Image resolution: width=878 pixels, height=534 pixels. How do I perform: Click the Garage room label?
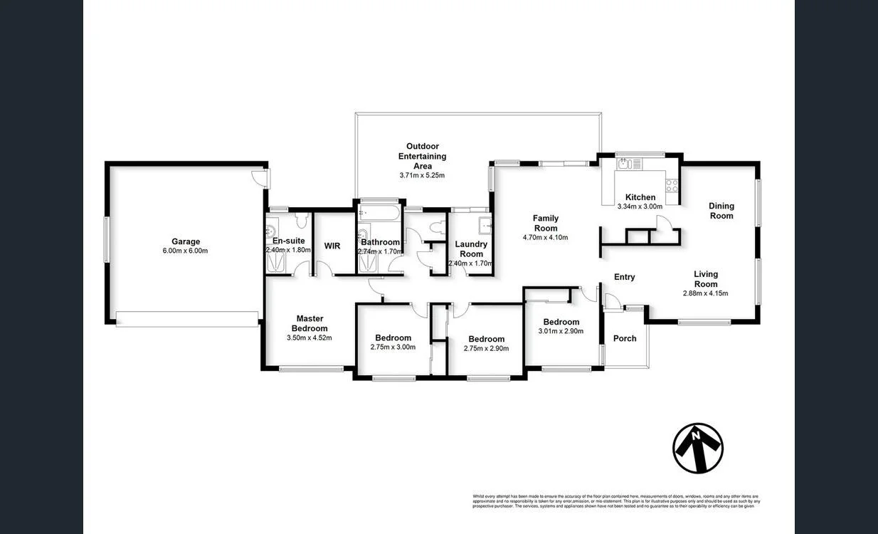(185, 241)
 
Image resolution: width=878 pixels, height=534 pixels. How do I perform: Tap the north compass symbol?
(697, 448)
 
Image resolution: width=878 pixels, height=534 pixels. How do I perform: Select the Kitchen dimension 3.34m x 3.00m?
(640, 206)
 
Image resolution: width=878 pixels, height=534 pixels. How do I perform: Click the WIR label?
(332, 246)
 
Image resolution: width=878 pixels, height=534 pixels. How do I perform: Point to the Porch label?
(625, 338)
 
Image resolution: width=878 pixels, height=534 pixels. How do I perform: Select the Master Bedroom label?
(310, 323)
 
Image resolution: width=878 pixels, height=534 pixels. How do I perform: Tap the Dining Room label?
(721, 211)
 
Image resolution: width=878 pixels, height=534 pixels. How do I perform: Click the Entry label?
(624, 277)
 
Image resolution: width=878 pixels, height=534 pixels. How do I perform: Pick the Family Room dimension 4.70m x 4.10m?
(546, 238)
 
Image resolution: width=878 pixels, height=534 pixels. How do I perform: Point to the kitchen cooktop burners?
(671, 185)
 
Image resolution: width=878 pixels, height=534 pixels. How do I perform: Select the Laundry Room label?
(471, 248)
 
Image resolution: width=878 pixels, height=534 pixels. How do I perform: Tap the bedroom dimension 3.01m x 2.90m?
(561, 331)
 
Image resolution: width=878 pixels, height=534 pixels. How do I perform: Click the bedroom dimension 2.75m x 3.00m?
(393, 347)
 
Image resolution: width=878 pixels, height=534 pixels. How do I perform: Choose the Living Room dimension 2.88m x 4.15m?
(706, 293)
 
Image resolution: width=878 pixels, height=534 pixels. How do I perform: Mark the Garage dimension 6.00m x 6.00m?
(185, 251)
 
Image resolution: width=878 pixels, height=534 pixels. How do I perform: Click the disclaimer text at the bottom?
(615, 501)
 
